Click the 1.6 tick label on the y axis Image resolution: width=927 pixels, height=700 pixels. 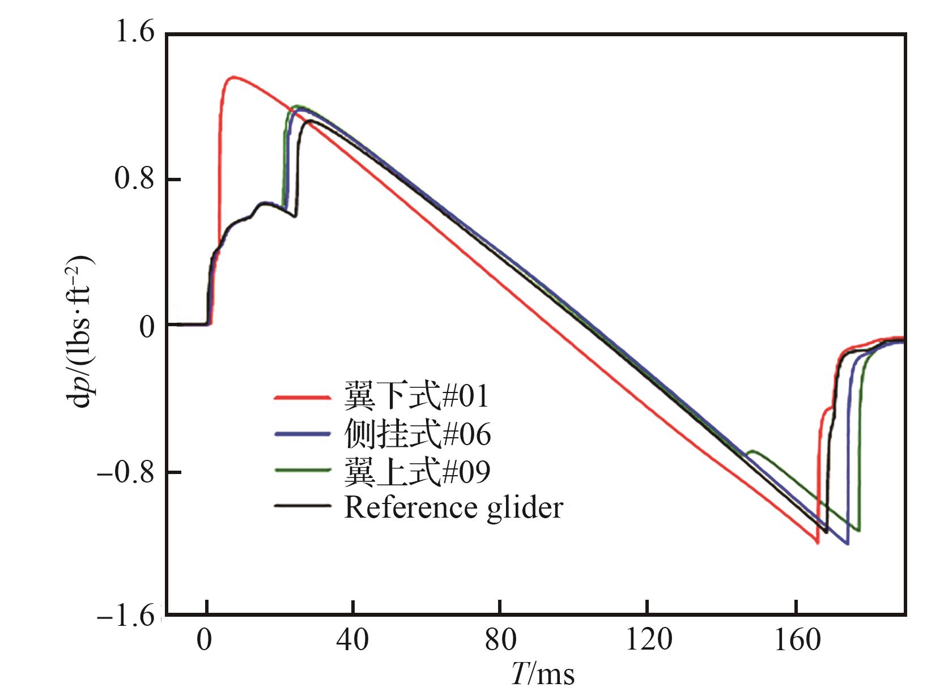tap(135, 34)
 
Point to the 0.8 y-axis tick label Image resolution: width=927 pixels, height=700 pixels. tap(135, 180)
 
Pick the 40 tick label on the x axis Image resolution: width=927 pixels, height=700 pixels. tap(352, 641)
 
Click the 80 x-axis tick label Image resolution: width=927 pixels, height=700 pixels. tap(500, 641)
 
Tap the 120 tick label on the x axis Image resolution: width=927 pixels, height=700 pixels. tap(647, 641)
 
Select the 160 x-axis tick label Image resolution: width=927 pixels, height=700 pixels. tap(796, 641)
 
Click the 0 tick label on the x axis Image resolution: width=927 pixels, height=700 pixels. tap(205, 641)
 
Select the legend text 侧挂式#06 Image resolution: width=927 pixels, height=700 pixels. tap(417, 435)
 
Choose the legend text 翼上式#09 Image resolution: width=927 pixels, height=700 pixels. tap(417, 471)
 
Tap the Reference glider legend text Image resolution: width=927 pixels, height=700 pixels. tap(453, 508)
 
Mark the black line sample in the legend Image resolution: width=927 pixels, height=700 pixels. tap(302, 505)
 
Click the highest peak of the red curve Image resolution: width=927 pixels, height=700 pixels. tap(233, 77)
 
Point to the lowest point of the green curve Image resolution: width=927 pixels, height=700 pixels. tap(858, 531)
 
